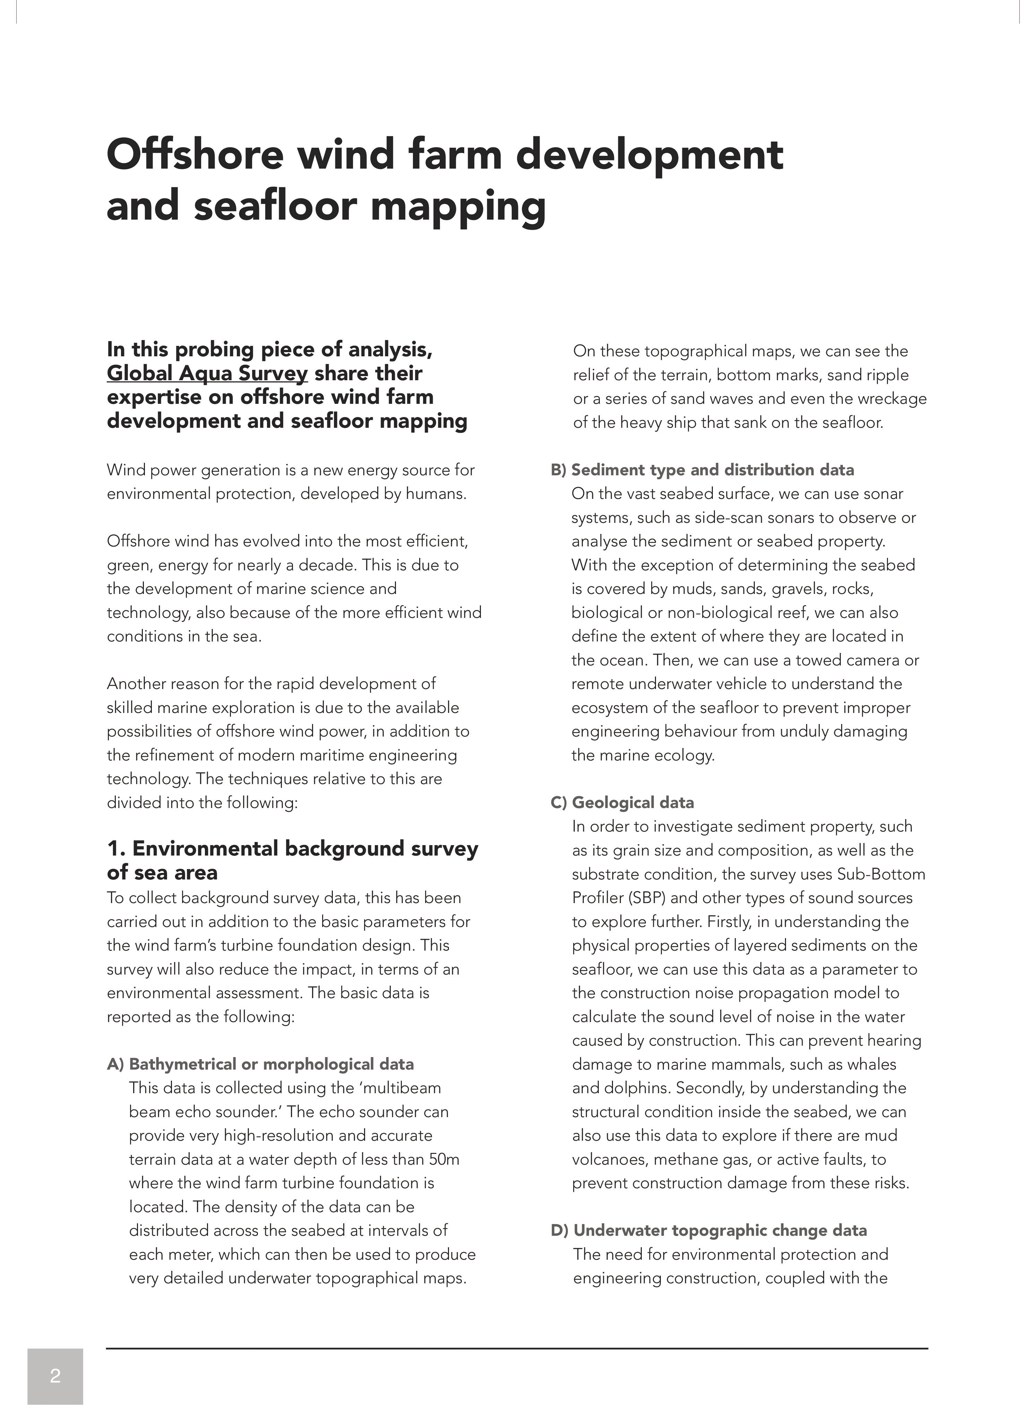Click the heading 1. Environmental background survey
(292, 848)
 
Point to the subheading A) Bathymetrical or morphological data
(260, 1064)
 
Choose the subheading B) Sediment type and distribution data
(702, 470)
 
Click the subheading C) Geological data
(623, 802)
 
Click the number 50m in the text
(444, 1159)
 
